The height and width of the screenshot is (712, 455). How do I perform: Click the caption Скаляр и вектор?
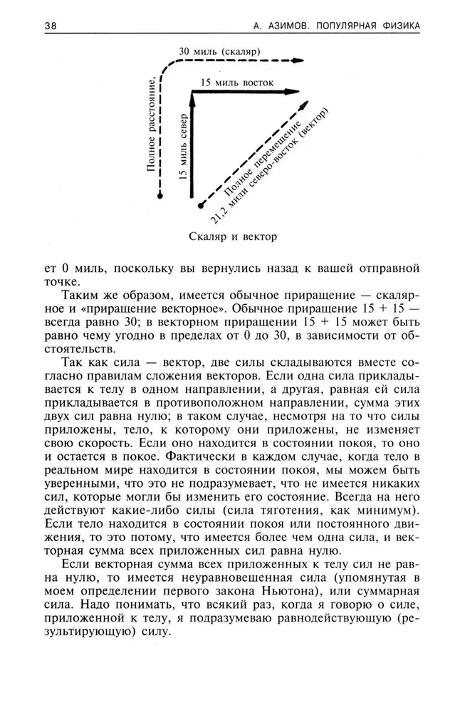point(233,236)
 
